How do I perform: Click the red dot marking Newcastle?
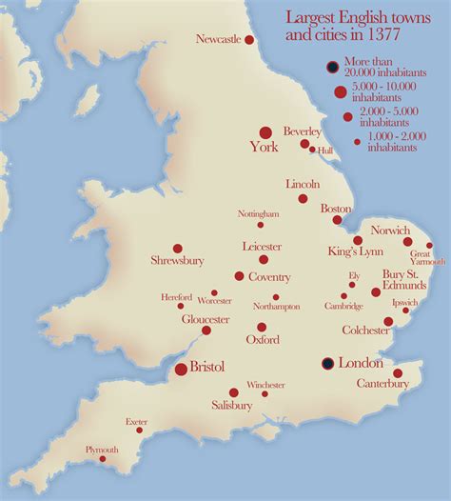249,40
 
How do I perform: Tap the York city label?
264,148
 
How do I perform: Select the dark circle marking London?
327,363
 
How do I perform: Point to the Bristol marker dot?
181,369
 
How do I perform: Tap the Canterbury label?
382,384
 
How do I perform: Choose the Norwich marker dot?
407,242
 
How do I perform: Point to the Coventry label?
268,277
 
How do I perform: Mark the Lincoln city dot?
303,199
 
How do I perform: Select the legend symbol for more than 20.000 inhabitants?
332,67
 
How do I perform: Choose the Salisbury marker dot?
234,392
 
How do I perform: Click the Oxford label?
262,340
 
